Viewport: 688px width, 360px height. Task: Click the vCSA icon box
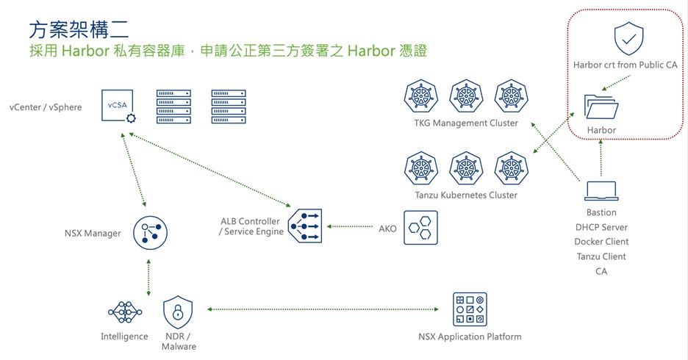point(118,107)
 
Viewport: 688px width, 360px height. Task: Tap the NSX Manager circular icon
point(149,233)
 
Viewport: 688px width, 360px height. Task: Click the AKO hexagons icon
point(420,228)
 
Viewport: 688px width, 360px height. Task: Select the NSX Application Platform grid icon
point(469,309)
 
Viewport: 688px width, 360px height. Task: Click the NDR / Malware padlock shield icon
point(178,313)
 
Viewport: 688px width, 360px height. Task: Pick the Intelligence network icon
point(124,312)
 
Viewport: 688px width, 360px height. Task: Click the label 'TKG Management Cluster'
point(466,123)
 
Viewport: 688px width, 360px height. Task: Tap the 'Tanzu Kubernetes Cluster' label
point(466,195)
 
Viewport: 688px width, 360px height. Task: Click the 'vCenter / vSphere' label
point(46,107)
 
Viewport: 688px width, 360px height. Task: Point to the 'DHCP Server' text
point(601,227)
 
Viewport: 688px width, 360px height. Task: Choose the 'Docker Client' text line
point(601,242)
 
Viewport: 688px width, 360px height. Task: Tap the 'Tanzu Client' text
point(601,256)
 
